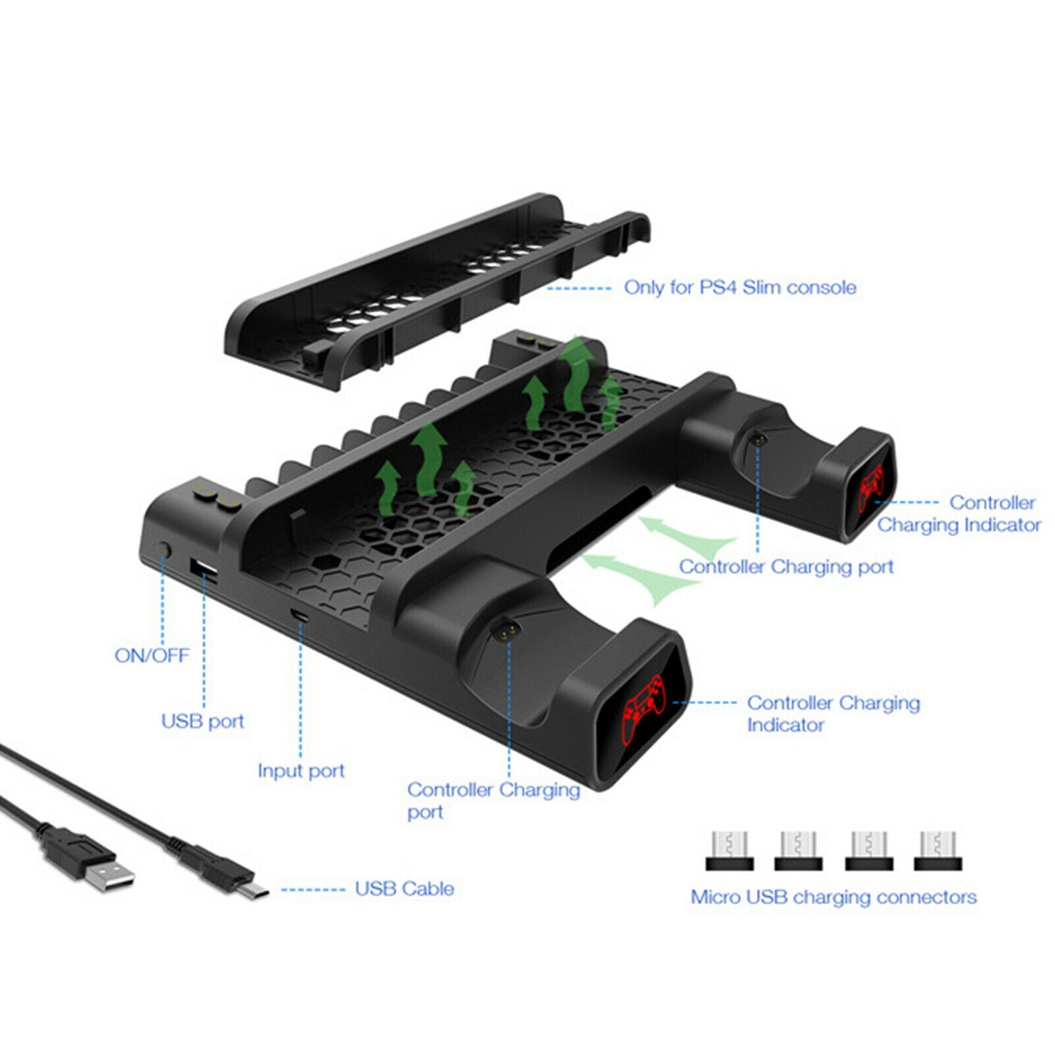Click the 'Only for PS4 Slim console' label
[x=740, y=287]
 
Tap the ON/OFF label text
[x=152, y=655]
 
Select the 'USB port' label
[x=202, y=721]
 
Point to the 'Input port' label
[x=301, y=771]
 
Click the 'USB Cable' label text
[x=404, y=889]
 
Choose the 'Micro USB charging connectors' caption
[x=833, y=897]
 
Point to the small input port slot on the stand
[x=300, y=615]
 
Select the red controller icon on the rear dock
[x=872, y=487]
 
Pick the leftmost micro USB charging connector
[x=729, y=851]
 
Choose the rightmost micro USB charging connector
[x=937, y=851]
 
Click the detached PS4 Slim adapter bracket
[x=435, y=290]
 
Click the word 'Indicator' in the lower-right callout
[x=785, y=725]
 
